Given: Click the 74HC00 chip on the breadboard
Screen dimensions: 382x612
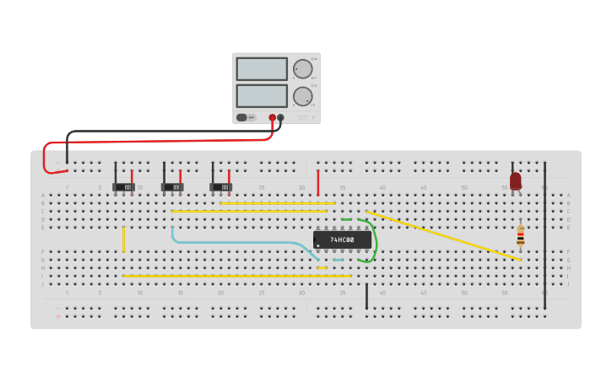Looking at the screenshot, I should pyautogui.click(x=342, y=239).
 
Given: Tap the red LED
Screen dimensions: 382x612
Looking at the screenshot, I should pyautogui.click(x=516, y=180).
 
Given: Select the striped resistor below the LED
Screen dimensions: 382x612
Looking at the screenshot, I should pyautogui.click(x=520, y=235).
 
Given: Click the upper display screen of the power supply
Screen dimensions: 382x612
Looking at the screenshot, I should pyautogui.click(x=262, y=68).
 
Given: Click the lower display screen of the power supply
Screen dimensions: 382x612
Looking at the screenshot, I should pyautogui.click(x=262, y=95).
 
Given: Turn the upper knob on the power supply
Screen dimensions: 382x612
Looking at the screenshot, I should pyautogui.click(x=302, y=68).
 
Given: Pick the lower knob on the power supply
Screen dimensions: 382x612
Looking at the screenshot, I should pyautogui.click(x=302, y=96).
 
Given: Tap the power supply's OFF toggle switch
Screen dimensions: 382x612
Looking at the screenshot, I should pyautogui.click(x=242, y=117).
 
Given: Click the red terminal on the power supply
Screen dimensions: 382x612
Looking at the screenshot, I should pyautogui.click(x=272, y=118).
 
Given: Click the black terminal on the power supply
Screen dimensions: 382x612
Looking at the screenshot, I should pyautogui.click(x=280, y=118).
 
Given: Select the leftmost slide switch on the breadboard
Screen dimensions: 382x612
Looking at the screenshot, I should pyautogui.click(x=123, y=186).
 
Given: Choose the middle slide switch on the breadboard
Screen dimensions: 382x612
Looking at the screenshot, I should pyautogui.click(x=172, y=186).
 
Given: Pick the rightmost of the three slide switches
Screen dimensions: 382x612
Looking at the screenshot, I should pyautogui.click(x=220, y=186).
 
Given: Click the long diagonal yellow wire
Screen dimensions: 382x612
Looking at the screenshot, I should pyautogui.click(x=443, y=235).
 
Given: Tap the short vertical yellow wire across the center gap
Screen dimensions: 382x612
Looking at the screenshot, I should pyautogui.click(x=123, y=239).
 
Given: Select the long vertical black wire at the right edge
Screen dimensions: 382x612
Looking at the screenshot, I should pyautogui.click(x=544, y=236).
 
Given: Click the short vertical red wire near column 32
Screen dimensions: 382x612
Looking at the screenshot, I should pyautogui.click(x=318, y=182).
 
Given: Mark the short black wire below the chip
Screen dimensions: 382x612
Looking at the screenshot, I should pyautogui.click(x=366, y=296).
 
